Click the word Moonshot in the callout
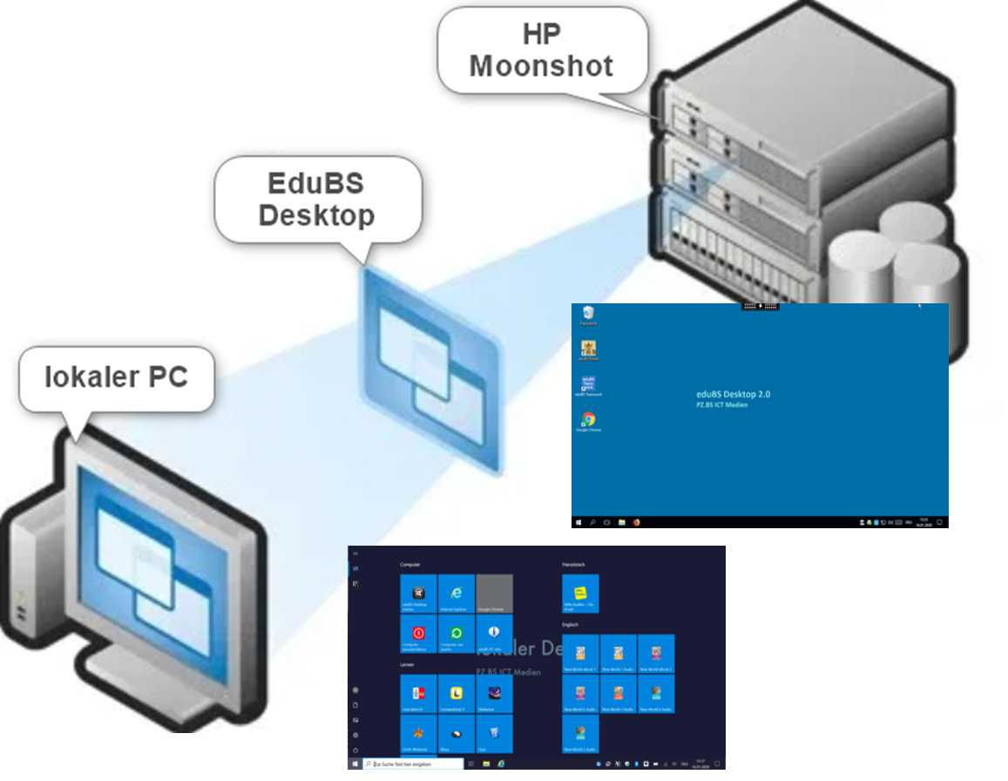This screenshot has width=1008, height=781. pos(541,65)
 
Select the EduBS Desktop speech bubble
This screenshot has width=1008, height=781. pos(317,200)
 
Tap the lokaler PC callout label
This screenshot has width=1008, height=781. pos(116,377)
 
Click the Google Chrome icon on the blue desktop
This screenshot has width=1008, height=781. pos(589,420)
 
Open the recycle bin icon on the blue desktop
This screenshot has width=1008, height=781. pos(589,313)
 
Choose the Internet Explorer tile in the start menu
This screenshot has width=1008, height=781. pos(457,593)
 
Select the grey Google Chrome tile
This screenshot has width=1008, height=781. pos(494,593)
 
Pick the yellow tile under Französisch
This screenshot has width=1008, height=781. pos(580,593)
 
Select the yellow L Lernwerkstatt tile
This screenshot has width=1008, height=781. pos(457,693)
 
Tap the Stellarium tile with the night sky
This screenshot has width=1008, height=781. pos(494,693)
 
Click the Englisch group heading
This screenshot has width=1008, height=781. pos(572,625)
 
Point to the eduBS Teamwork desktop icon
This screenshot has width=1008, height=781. pos(589,384)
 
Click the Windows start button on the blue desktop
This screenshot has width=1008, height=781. pos(578,522)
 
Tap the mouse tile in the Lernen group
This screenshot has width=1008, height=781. pos(457,734)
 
